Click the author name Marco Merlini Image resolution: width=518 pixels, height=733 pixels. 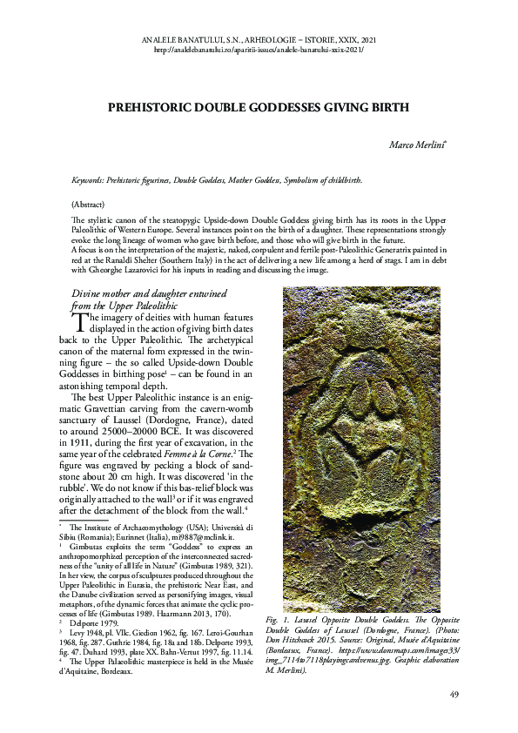pyautogui.click(x=420, y=143)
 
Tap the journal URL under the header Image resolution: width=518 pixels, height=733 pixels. pyautogui.click(x=259, y=50)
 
